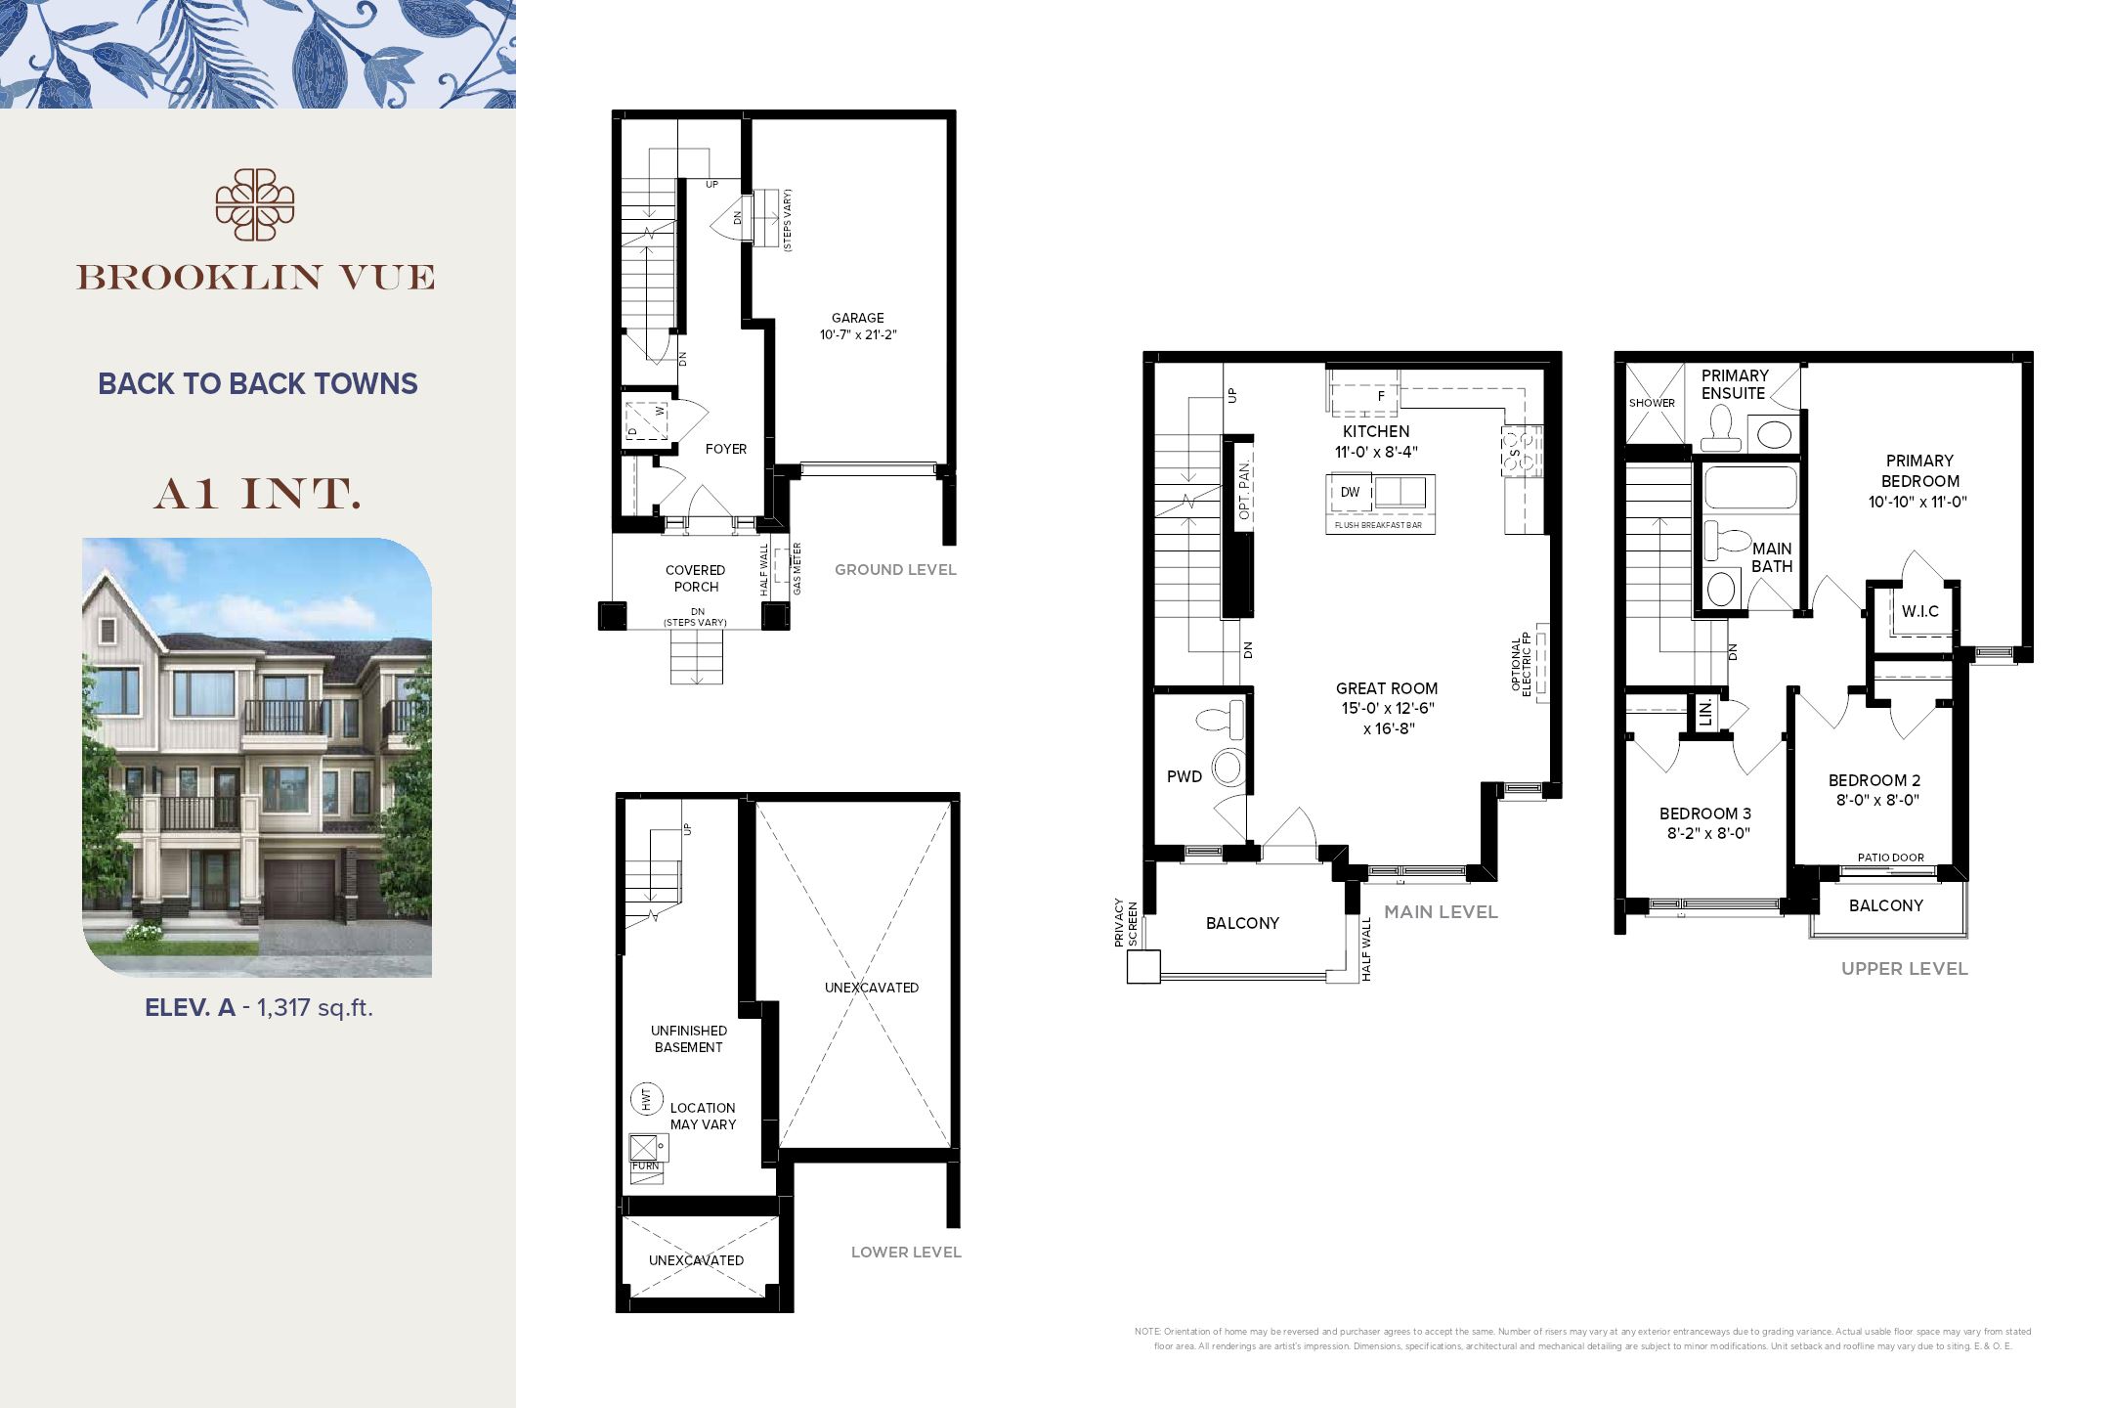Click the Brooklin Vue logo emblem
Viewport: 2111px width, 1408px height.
255,204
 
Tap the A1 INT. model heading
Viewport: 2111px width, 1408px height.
257,495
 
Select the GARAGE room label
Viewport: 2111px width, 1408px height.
857,318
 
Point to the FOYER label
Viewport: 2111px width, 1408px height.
725,449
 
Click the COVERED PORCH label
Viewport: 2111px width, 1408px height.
695,578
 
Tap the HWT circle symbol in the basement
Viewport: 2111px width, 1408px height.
646,1098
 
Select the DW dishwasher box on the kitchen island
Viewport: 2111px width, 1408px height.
1350,492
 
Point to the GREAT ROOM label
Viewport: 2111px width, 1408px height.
1386,688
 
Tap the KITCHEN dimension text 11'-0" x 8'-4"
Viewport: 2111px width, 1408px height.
1376,452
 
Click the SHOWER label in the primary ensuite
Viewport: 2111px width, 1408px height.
1652,403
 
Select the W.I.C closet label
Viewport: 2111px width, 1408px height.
1919,612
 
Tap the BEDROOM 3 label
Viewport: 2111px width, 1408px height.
1704,814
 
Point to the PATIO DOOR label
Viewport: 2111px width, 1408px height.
1890,858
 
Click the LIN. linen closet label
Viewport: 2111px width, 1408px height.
1705,712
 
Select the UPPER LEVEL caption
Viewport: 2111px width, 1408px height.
1904,969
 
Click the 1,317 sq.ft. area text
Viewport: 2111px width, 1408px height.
315,1007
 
